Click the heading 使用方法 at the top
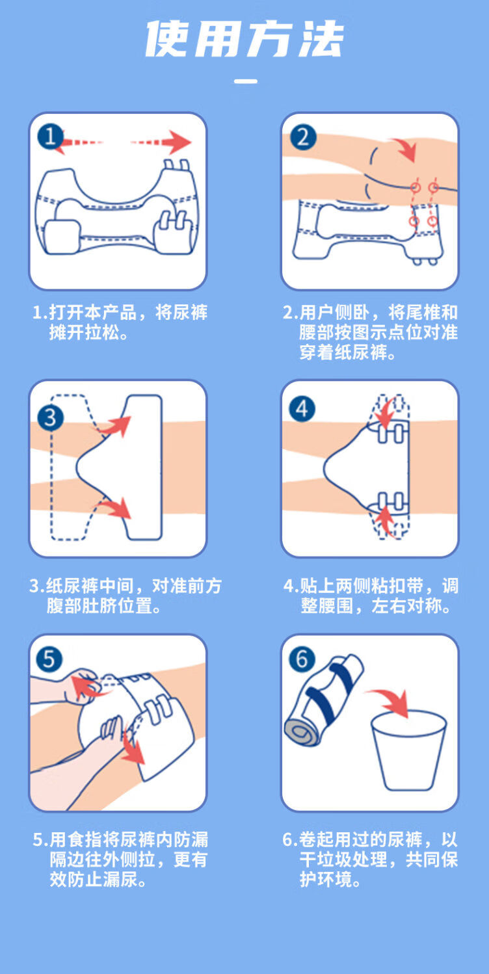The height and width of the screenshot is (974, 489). pyautogui.click(x=244, y=39)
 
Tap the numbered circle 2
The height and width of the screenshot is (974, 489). pyautogui.click(x=303, y=137)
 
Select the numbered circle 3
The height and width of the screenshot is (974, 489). pyautogui.click(x=51, y=418)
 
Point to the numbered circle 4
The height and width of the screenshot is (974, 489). pyautogui.click(x=302, y=409)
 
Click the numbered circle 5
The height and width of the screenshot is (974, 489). pyautogui.click(x=49, y=659)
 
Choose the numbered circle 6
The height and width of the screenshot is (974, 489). pyautogui.click(x=302, y=659)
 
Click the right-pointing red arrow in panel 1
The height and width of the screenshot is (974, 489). pyautogui.click(x=161, y=142)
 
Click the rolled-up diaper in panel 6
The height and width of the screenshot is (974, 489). pyautogui.click(x=324, y=700)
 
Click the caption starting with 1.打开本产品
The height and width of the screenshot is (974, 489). pyautogui.click(x=120, y=322)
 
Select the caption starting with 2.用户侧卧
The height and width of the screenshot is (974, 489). pyautogui.click(x=370, y=332)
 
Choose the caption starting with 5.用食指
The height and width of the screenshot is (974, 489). pyautogui.click(x=120, y=860)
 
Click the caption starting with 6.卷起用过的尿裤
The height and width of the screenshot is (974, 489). pyautogui.click(x=370, y=860)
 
